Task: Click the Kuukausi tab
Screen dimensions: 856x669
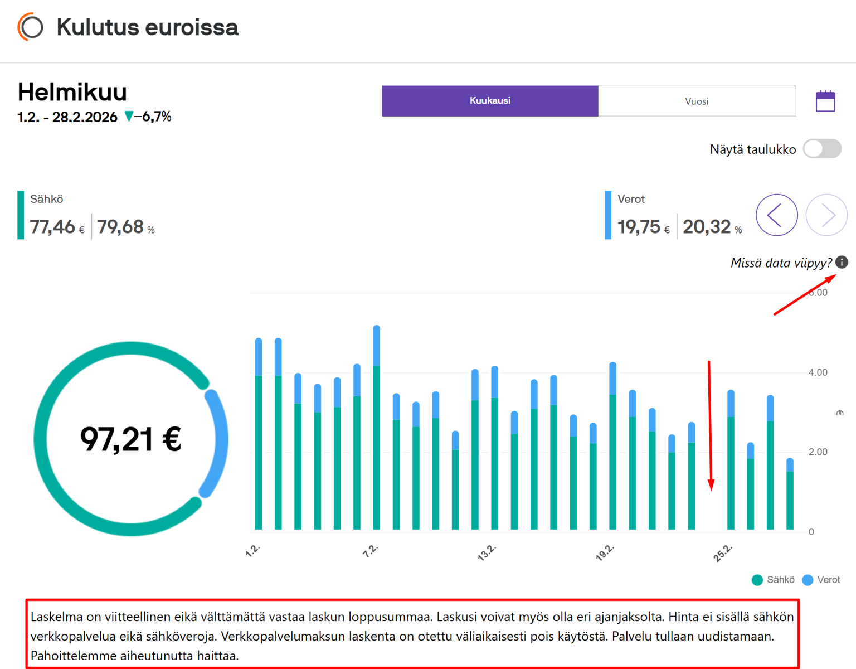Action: point(490,101)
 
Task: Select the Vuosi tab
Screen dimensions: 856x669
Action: point(697,101)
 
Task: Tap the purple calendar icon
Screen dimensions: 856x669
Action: point(825,101)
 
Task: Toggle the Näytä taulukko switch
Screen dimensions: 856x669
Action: point(822,148)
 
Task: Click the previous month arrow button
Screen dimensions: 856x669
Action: point(777,215)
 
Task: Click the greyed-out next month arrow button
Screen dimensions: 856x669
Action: point(827,215)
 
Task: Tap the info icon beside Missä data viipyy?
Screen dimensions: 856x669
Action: point(842,262)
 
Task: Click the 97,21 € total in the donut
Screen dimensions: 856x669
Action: point(131,439)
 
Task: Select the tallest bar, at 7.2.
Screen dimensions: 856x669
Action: point(377,428)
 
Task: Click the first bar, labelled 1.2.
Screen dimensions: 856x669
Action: point(259,434)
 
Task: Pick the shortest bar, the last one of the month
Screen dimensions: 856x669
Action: point(790,494)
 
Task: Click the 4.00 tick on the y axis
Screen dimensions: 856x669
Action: point(818,372)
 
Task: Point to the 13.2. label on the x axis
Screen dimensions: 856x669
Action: point(487,552)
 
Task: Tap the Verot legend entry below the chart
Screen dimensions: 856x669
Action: point(821,580)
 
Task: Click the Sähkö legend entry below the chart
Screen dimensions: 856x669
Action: point(773,580)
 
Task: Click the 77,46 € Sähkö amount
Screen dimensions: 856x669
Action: point(57,227)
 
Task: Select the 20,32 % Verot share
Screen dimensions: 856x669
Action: point(712,227)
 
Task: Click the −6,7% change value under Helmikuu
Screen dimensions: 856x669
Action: point(153,117)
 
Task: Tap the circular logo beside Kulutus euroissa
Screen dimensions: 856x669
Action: point(30,27)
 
